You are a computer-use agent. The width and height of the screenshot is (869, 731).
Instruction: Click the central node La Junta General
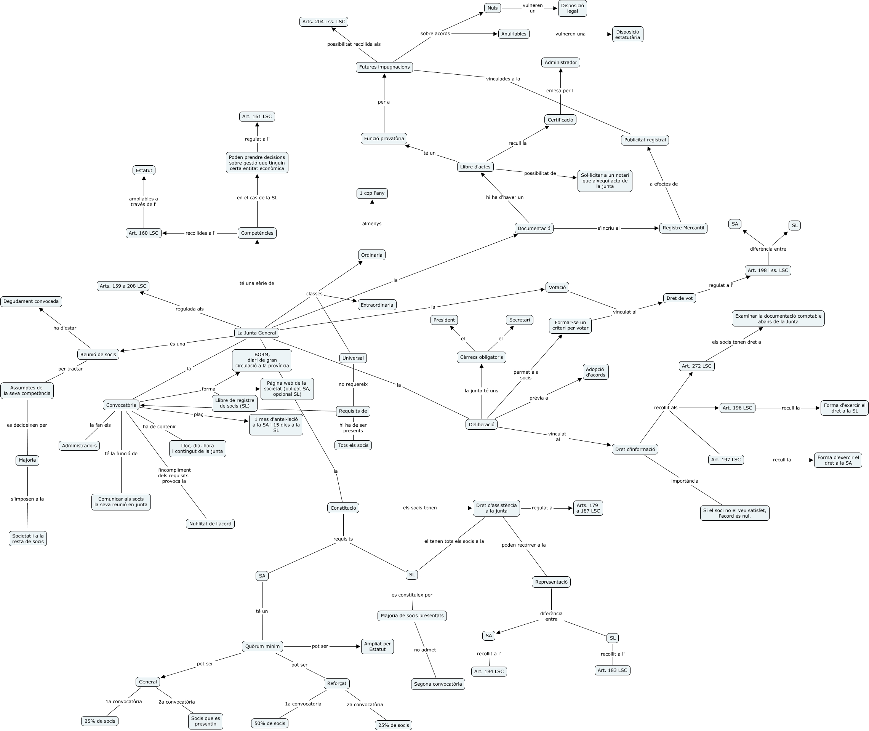tap(256, 333)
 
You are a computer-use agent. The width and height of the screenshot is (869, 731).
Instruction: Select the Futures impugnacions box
tap(384, 67)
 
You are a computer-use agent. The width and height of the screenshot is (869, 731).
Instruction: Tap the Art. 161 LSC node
tap(257, 117)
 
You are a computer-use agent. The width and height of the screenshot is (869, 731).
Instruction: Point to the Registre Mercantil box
tap(683, 228)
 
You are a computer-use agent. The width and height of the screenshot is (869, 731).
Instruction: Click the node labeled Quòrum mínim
tap(262, 646)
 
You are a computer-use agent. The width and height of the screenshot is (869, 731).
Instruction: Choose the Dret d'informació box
tap(635, 449)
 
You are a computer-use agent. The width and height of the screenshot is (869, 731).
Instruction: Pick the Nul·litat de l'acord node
tap(210, 524)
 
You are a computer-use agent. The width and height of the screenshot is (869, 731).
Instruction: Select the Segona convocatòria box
tap(438, 684)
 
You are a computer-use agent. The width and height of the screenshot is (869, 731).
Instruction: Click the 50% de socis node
tap(270, 723)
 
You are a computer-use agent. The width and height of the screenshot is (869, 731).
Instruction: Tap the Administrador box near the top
tap(561, 62)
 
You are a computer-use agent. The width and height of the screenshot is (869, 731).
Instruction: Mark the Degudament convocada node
tap(31, 302)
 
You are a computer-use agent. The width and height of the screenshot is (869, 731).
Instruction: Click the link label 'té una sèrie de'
tap(257, 283)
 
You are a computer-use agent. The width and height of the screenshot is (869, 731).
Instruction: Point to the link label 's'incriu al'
tap(608, 228)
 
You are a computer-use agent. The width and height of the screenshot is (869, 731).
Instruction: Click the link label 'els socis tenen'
tap(420, 508)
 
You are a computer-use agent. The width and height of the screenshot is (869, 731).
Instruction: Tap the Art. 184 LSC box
tap(489, 671)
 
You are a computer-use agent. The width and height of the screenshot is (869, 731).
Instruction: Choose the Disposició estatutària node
tap(627, 34)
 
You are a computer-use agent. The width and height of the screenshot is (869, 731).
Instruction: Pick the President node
tap(444, 320)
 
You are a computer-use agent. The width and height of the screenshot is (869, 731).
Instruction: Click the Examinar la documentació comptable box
tap(778, 319)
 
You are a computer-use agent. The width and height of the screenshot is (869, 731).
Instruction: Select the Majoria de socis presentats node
tap(412, 616)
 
